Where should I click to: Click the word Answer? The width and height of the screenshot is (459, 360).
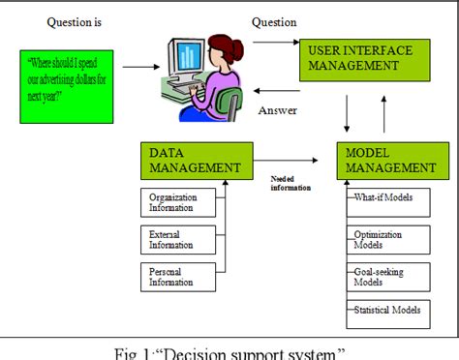point(277,110)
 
